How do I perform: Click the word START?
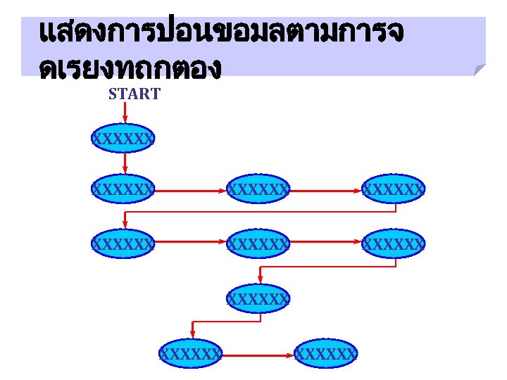(134, 94)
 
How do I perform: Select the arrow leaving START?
(125, 113)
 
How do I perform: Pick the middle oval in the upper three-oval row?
(258, 189)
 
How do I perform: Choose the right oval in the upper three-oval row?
(394, 189)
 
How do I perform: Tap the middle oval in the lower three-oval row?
(258, 244)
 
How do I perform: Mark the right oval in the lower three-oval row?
(394, 244)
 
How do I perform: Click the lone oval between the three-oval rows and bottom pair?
(258, 298)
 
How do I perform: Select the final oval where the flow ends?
(327, 353)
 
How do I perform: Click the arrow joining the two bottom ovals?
(259, 353)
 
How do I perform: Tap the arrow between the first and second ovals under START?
(125, 163)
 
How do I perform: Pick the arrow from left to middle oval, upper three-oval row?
(191, 189)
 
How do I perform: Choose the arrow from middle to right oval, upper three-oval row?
(326, 189)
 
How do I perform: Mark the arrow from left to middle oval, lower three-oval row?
(191, 244)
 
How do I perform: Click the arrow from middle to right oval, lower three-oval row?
(326, 244)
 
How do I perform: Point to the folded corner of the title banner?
(480, 69)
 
